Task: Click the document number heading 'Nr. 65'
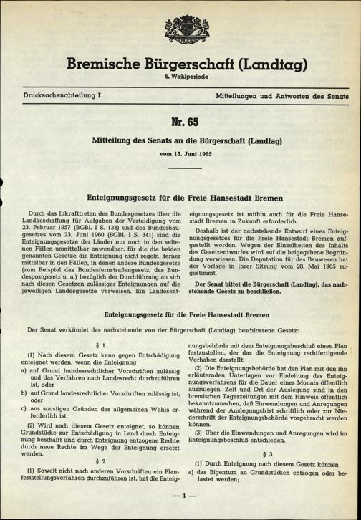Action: pyautogui.click(x=180, y=120)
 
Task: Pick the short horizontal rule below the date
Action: pyautogui.click(x=180, y=169)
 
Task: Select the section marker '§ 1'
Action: pyautogui.click(x=99, y=345)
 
